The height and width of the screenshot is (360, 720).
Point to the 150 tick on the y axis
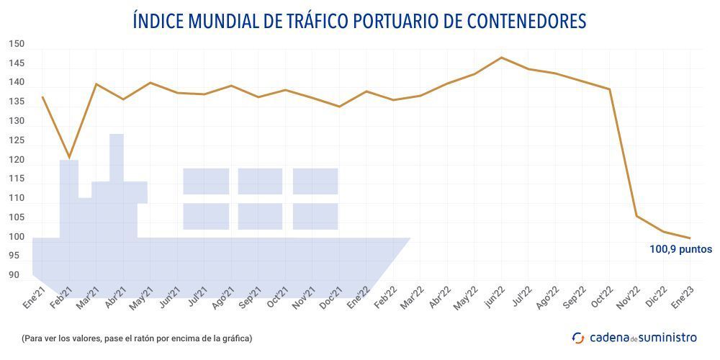[x=17, y=44]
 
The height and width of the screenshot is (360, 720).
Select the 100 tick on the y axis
[x=17, y=237]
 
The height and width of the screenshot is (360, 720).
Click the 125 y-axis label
[x=17, y=140]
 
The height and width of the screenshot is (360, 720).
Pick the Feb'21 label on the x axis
[x=61, y=298]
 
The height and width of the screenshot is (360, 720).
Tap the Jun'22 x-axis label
[x=493, y=298]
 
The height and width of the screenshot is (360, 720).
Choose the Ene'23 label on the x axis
[x=683, y=298]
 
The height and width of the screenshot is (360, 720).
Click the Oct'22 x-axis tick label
[x=602, y=298]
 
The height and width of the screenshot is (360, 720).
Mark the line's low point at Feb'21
[x=69, y=158]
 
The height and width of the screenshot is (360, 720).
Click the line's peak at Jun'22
[x=502, y=58]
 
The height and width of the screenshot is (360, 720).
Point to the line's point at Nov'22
[x=636, y=216]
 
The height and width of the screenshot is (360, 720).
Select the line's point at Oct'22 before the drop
[x=610, y=89]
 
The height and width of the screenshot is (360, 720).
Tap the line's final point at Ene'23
[x=690, y=238]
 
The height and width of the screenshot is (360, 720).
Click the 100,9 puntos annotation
[x=680, y=250]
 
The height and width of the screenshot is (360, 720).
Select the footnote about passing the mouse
[x=137, y=338]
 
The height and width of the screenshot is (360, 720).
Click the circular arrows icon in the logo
[x=578, y=337]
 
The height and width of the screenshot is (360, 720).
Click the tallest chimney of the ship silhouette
[x=117, y=155]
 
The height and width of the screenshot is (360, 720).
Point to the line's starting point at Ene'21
[x=42, y=97]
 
